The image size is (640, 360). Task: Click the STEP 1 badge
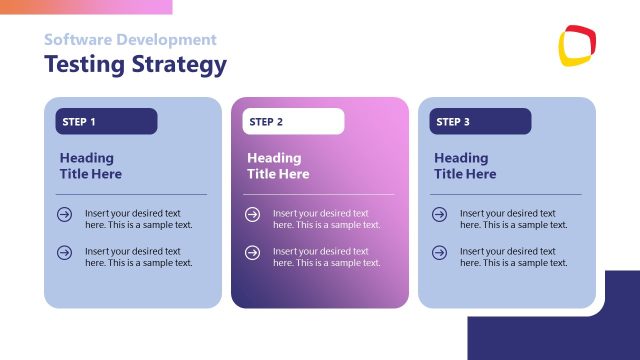106,122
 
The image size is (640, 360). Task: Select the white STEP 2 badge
293,122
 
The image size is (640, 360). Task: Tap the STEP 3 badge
480,122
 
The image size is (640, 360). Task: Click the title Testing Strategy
135,65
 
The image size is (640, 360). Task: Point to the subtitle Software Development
130,40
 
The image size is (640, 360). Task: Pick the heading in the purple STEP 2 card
278,166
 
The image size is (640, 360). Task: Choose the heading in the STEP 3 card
465,166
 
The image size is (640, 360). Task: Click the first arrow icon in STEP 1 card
65,214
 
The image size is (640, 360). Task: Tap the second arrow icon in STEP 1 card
65,252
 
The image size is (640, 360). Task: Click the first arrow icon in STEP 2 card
252,214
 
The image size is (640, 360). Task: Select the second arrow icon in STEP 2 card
252,252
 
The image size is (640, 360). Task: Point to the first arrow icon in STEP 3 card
439,214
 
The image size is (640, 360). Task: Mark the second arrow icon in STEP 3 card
439,252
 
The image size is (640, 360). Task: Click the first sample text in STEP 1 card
138,219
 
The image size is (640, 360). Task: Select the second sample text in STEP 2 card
326,257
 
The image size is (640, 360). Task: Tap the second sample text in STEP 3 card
513,257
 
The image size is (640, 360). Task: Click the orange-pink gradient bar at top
86,6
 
